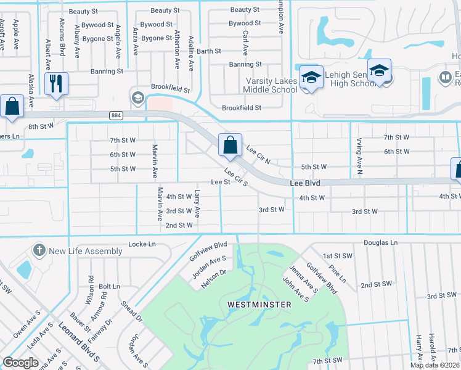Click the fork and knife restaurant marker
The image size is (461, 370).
point(56,83)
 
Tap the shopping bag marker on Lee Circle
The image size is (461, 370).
point(230,146)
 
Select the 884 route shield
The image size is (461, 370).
point(116,115)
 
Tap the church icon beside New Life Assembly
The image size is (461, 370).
point(39,250)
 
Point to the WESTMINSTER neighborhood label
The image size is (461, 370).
point(256,304)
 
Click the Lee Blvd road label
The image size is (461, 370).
point(305,183)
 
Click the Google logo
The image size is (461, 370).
point(21,362)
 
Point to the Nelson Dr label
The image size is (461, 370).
point(214,279)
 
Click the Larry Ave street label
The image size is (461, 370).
point(197,203)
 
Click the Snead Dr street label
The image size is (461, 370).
point(131,311)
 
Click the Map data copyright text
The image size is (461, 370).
point(435,365)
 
